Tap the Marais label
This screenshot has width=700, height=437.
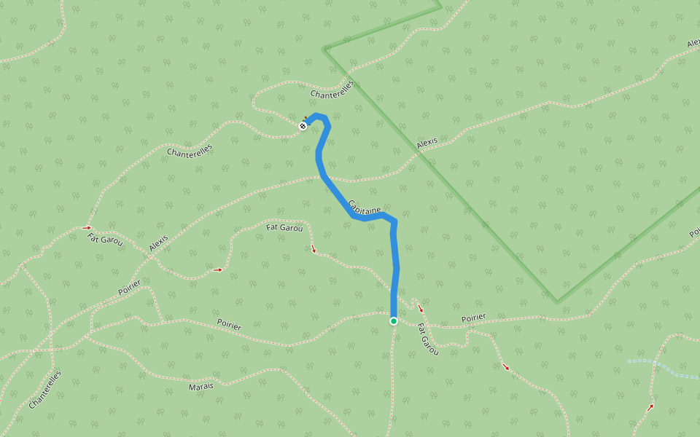[x=201, y=385]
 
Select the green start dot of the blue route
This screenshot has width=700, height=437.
[x=394, y=320]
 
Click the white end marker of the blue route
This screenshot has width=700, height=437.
[x=303, y=126]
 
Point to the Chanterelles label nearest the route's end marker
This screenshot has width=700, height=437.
[x=332, y=90]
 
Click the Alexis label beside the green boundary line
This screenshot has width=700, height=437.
[x=427, y=143]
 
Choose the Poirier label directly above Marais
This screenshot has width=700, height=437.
[x=229, y=325]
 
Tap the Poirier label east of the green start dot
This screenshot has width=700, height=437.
[x=473, y=318]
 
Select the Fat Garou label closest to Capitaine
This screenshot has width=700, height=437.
[x=284, y=228]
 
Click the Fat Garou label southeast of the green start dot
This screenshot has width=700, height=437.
[x=428, y=340]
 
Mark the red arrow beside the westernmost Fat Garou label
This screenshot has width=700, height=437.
[x=88, y=227]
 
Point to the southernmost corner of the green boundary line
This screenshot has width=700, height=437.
[x=557, y=302]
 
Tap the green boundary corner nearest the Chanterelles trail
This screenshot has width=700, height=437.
[x=324, y=50]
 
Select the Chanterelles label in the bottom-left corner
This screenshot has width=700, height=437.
[x=45, y=390]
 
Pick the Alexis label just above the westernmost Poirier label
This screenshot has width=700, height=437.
[x=158, y=243]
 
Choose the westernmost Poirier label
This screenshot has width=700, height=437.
[x=129, y=288]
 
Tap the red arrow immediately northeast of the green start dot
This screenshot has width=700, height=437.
[x=420, y=309]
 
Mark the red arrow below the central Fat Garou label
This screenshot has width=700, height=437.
[x=314, y=250]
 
